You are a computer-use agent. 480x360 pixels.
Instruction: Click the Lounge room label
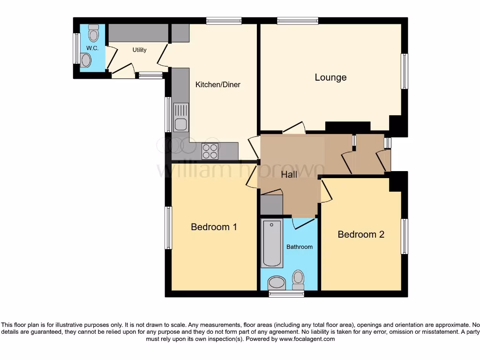point(330,77)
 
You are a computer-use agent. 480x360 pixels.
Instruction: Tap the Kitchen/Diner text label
point(217,85)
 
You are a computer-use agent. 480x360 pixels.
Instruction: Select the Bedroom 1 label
point(214,227)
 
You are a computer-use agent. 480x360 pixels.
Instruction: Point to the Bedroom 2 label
point(361,234)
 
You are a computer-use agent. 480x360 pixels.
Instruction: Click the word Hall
point(289,175)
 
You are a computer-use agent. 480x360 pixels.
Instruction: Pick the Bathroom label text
point(300,247)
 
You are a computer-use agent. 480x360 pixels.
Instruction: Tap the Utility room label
point(139,50)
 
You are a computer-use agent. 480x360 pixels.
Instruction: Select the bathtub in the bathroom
point(272,243)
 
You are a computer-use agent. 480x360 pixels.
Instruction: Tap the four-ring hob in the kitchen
point(210,151)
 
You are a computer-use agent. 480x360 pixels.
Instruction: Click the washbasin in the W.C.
point(86,60)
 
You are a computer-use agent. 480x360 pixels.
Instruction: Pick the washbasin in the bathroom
point(277,283)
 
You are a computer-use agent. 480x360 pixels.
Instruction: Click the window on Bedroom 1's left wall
point(168,227)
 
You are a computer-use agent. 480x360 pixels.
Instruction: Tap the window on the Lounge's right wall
point(404,71)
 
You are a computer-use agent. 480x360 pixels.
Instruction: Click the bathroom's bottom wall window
point(286,293)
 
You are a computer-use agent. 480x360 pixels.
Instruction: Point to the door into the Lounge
point(294,128)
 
